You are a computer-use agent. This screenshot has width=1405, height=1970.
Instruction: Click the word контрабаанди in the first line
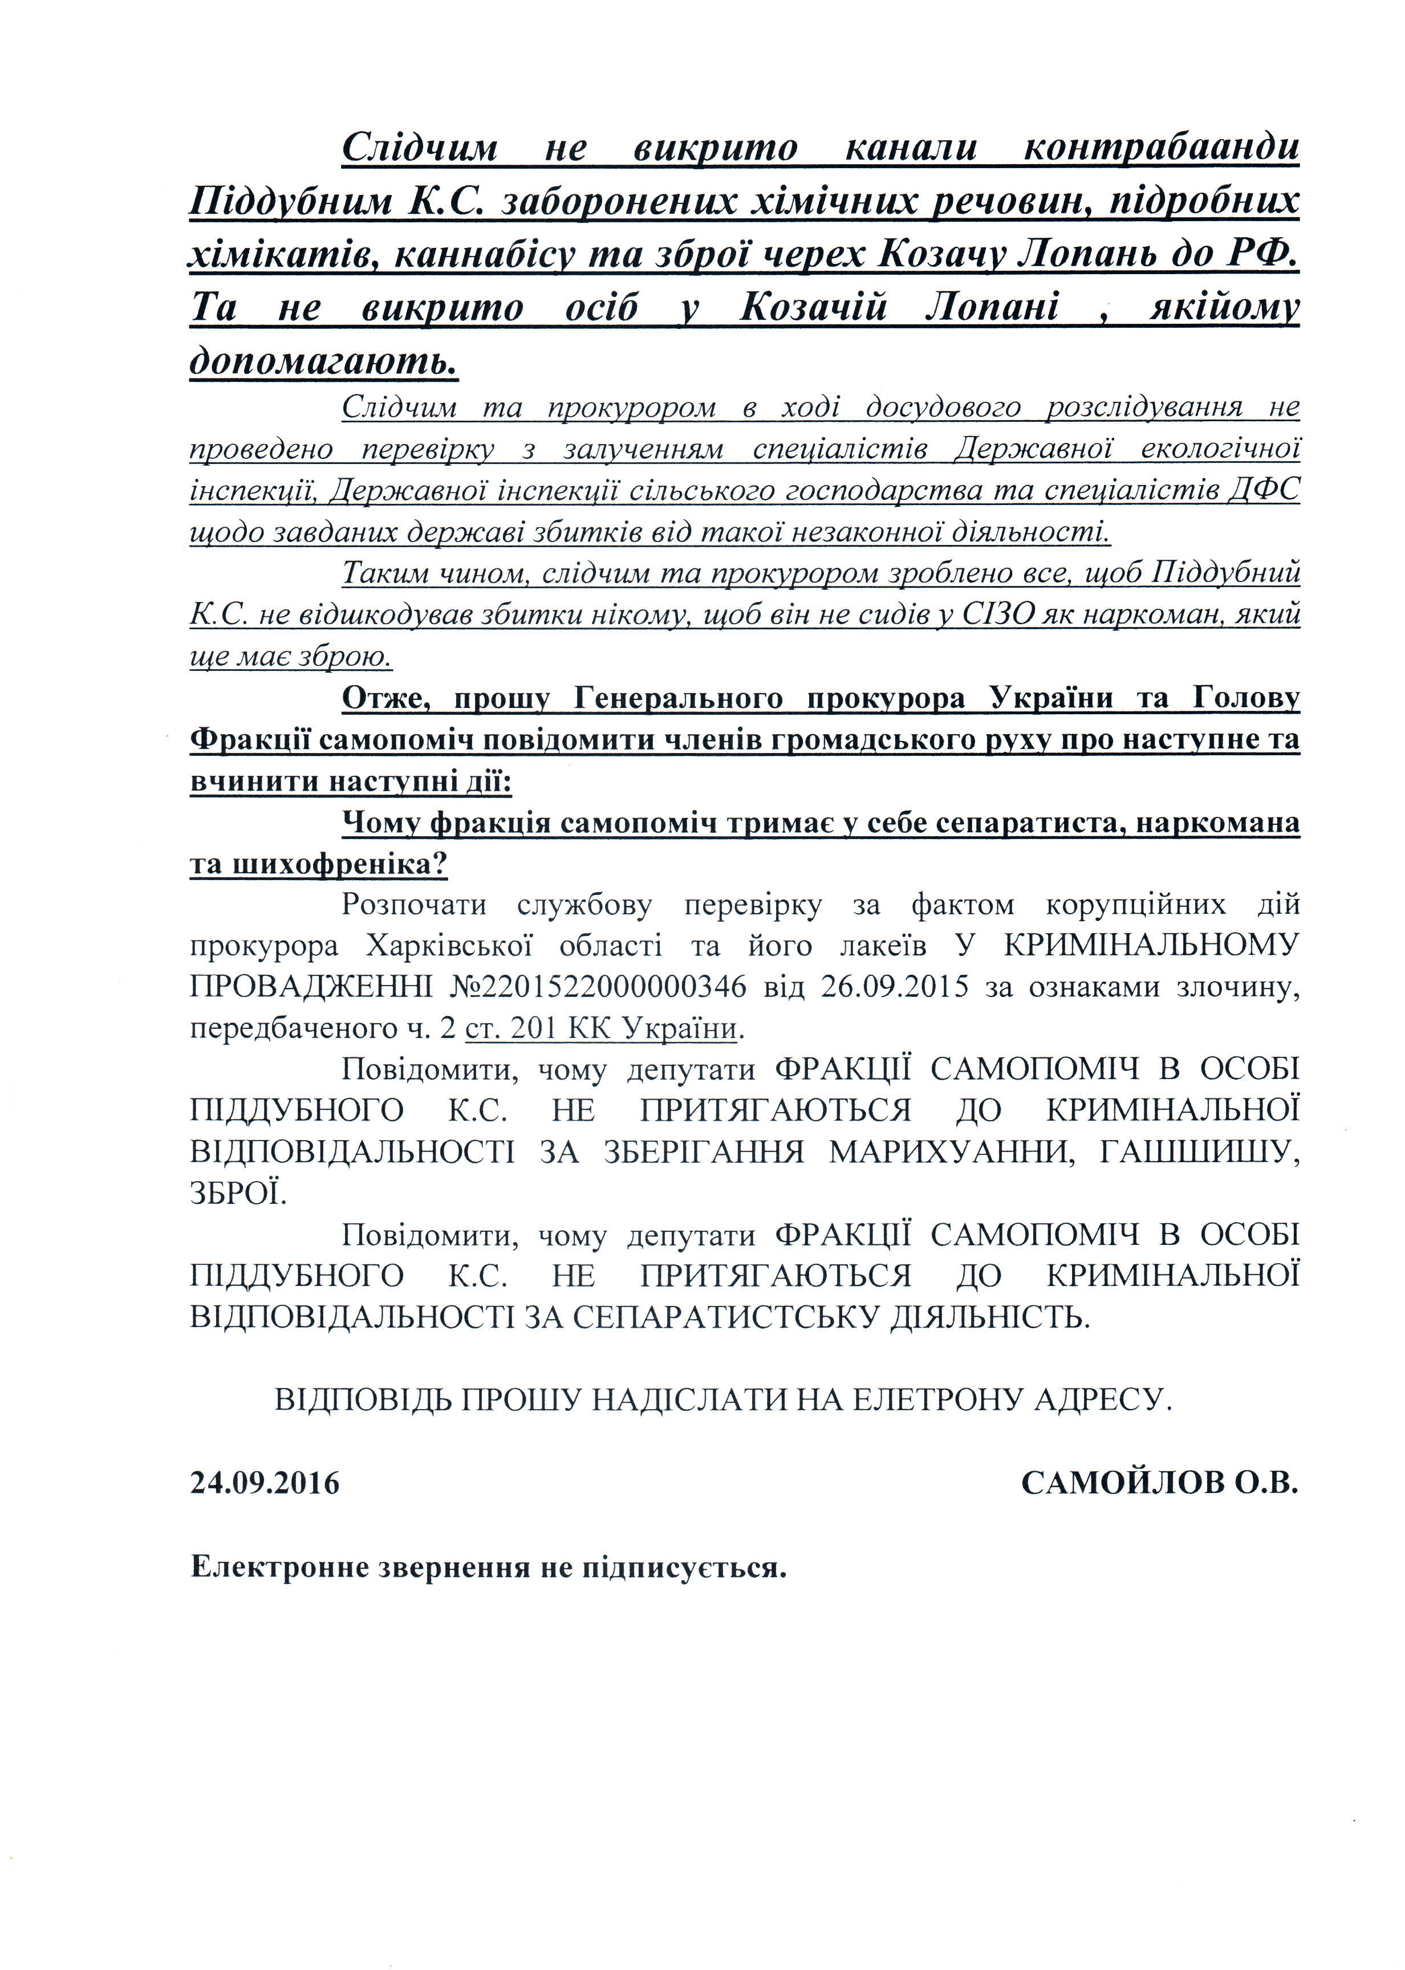pyautogui.click(x=1160, y=148)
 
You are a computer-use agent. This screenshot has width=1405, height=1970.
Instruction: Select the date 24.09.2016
pyautogui.click(x=265, y=1483)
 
